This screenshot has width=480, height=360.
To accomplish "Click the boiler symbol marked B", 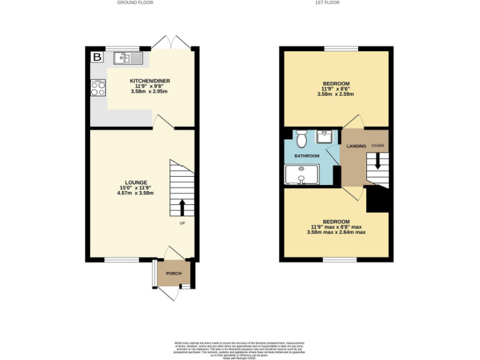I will (x=97, y=57).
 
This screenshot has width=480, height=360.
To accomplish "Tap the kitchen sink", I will (x=128, y=58).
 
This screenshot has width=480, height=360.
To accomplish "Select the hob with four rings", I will (x=97, y=88).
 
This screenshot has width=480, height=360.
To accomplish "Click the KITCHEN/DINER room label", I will (x=149, y=81).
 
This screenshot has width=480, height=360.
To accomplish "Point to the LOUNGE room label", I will (x=135, y=182).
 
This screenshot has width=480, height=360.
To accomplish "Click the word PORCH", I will (x=173, y=274).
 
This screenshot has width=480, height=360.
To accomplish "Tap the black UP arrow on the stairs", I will (x=182, y=207).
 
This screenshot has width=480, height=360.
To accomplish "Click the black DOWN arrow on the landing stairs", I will (x=377, y=162).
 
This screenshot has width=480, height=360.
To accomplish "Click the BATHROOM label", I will (x=307, y=156).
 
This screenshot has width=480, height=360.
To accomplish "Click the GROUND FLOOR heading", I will (x=134, y=2).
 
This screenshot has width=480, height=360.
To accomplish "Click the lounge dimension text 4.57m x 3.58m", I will (x=135, y=193).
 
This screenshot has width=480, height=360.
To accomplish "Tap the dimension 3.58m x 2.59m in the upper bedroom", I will (x=336, y=95).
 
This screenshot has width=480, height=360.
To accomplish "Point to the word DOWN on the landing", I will (x=377, y=145).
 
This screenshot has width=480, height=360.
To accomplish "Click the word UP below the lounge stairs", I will (x=182, y=223).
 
